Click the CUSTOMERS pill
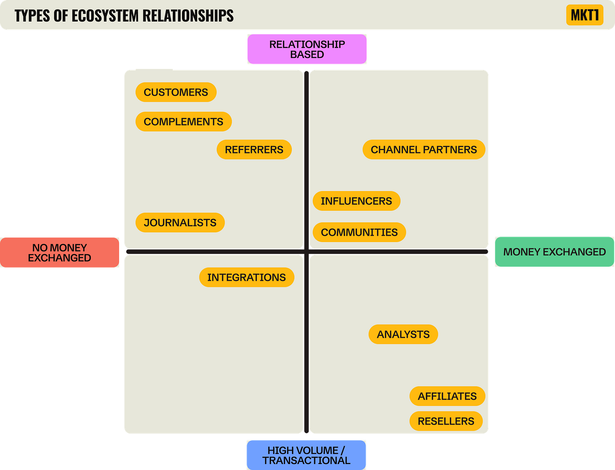(x=176, y=92)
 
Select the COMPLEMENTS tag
(x=183, y=122)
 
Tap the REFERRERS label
(x=254, y=150)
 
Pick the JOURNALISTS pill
(x=180, y=223)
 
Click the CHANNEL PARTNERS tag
(x=424, y=150)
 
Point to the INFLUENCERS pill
(x=356, y=201)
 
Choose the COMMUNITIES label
(x=359, y=232)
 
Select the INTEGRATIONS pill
(x=246, y=277)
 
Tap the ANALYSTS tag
(x=403, y=334)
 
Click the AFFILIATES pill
(x=447, y=396)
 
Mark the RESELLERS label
(x=446, y=421)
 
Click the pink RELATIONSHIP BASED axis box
(x=307, y=49)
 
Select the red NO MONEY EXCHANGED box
(x=60, y=253)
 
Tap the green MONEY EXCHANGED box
(x=554, y=252)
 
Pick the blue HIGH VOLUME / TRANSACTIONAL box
(x=306, y=455)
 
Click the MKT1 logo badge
(x=585, y=15)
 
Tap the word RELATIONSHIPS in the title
(x=188, y=16)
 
